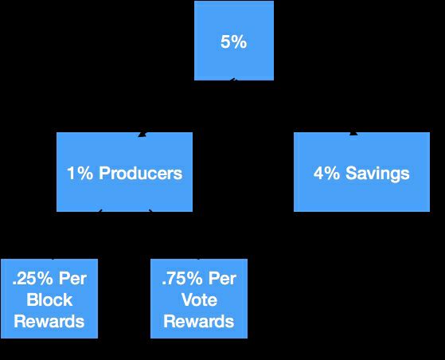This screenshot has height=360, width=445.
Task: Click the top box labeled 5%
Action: [234, 41]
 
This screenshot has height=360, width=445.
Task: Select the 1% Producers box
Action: [125, 172]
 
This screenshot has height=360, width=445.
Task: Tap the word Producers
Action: [140, 173]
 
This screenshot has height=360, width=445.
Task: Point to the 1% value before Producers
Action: [80, 173]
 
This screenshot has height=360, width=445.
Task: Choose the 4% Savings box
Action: [361, 172]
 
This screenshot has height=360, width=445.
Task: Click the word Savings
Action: [377, 173]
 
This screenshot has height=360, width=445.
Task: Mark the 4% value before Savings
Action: [326, 173]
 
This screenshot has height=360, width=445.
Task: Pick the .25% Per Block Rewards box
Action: [49, 299]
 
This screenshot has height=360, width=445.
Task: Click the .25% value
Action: [33, 279]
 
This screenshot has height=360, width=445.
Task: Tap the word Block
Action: [49, 299]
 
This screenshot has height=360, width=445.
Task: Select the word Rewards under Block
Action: [49, 321]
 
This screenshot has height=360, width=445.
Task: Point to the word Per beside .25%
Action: [72, 279]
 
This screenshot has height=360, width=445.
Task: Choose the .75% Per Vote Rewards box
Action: [199, 299]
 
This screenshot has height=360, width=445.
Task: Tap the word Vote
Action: [199, 299]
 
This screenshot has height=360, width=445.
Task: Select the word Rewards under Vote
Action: [199, 321]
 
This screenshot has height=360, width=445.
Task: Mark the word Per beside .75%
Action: [222, 279]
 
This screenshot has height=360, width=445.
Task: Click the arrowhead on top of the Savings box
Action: [353, 134]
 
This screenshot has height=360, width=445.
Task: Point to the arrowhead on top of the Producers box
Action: [142, 135]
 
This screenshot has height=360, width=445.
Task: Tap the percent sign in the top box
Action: [240, 42]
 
